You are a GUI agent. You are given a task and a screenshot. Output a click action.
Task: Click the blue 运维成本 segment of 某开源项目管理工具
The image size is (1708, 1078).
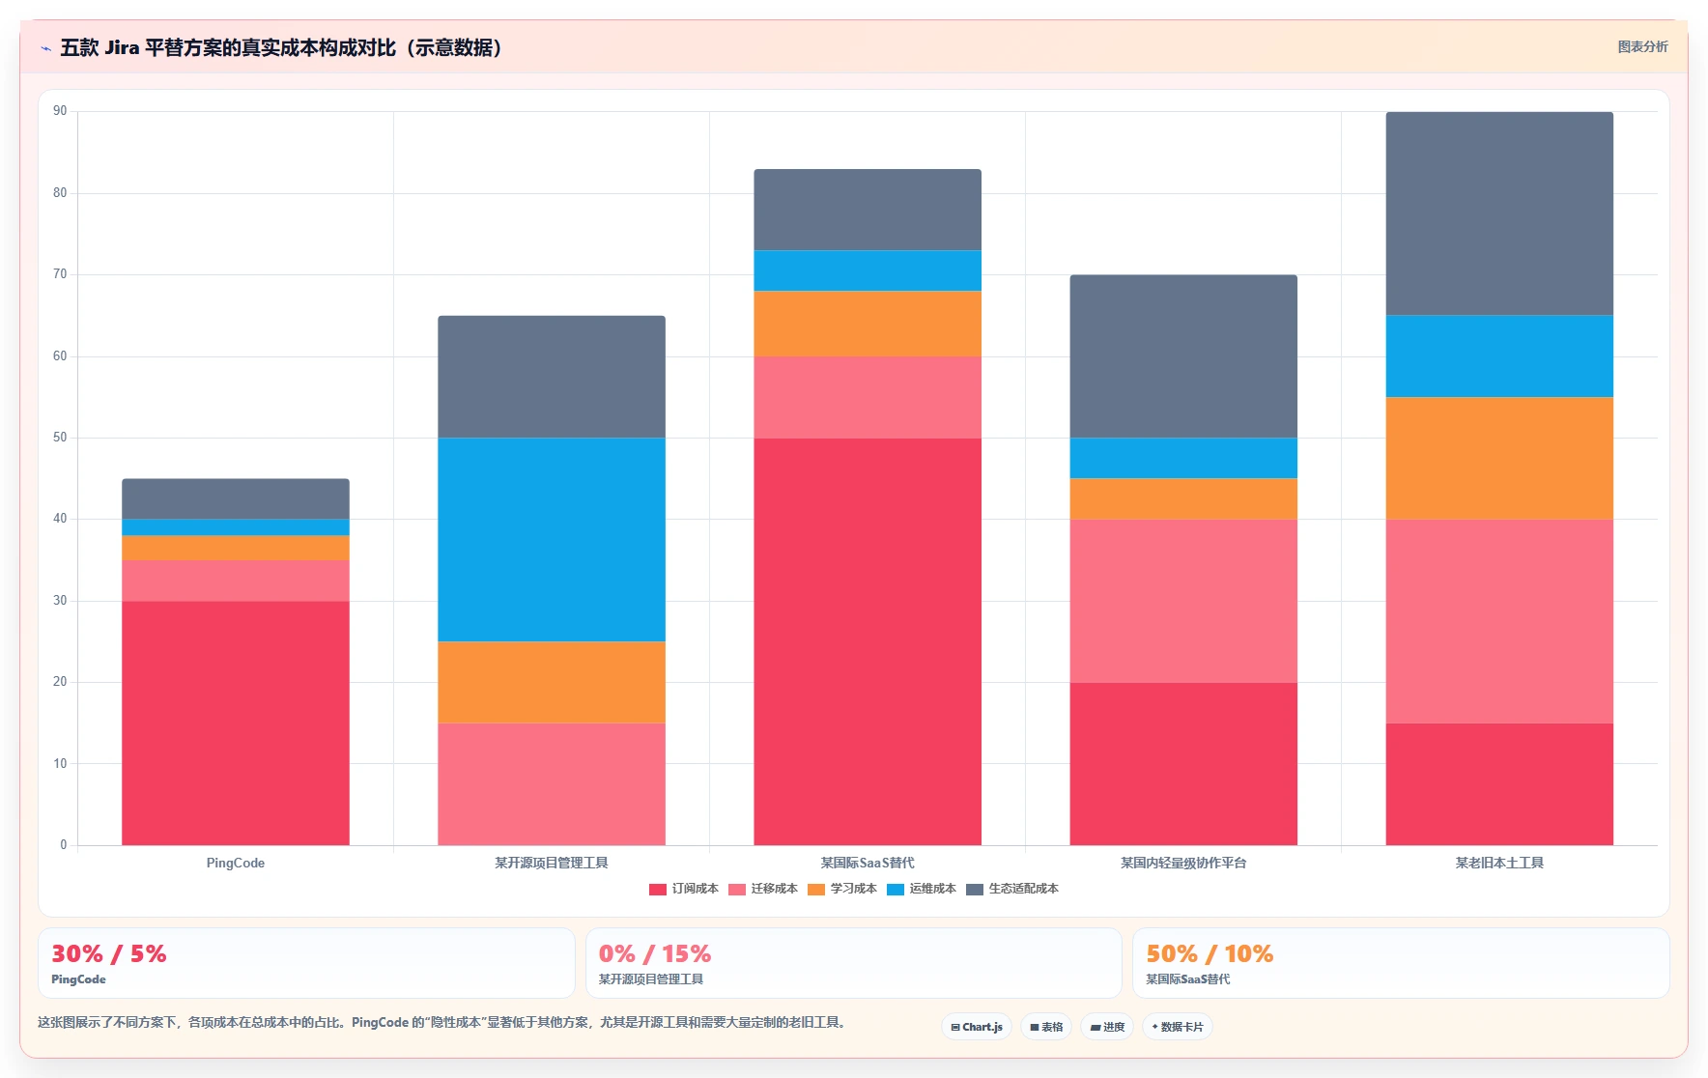pyautogui.click(x=552, y=539)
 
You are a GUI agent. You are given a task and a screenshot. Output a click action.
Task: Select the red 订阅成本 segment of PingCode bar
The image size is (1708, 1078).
pyautogui.click(x=236, y=723)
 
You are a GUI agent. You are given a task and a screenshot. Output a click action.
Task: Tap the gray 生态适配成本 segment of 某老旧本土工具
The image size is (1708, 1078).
pyautogui.click(x=1499, y=213)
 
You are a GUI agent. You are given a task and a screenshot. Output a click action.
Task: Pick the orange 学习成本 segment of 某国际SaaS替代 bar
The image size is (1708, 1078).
pyautogui.click(x=868, y=324)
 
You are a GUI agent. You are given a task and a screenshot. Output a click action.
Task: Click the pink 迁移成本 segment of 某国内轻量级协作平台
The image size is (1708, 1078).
pyautogui.click(x=1183, y=601)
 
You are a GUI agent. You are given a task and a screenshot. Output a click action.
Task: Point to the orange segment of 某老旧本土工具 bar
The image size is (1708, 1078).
pyautogui.click(x=1499, y=458)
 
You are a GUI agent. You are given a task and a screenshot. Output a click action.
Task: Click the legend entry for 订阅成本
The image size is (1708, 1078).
pyautogui.click(x=684, y=889)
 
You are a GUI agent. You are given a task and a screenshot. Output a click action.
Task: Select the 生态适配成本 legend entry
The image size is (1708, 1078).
pyautogui.click(x=1012, y=889)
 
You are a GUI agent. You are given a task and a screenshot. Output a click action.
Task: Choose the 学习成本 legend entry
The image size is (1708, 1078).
pyautogui.click(x=842, y=889)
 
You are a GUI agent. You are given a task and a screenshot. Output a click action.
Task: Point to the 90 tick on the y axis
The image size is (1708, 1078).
pyautogui.click(x=60, y=111)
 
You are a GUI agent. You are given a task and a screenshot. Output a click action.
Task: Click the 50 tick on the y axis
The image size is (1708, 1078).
pyautogui.click(x=60, y=438)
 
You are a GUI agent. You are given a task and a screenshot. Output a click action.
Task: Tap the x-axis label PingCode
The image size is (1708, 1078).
pyautogui.click(x=236, y=863)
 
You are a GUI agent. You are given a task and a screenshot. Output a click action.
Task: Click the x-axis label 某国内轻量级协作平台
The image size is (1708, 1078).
pyautogui.click(x=1183, y=863)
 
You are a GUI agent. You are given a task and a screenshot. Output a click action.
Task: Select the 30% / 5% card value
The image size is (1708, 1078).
pyautogui.click(x=109, y=954)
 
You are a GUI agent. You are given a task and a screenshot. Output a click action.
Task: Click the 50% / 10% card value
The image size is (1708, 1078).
pyautogui.click(x=1210, y=954)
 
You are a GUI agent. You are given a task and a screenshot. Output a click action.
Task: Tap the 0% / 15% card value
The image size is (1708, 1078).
pyautogui.click(x=655, y=954)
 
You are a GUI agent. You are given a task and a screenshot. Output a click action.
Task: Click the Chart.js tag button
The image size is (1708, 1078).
pyautogui.click(x=977, y=1027)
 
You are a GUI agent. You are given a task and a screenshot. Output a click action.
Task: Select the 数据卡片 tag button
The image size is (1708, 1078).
pyautogui.click(x=1178, y=1027)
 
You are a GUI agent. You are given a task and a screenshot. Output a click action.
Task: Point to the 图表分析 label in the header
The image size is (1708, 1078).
pyautogui.click(x=1643, y=46)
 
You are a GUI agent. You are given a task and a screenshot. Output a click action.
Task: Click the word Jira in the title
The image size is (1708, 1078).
pyautogui.click(x=122, y=47)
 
